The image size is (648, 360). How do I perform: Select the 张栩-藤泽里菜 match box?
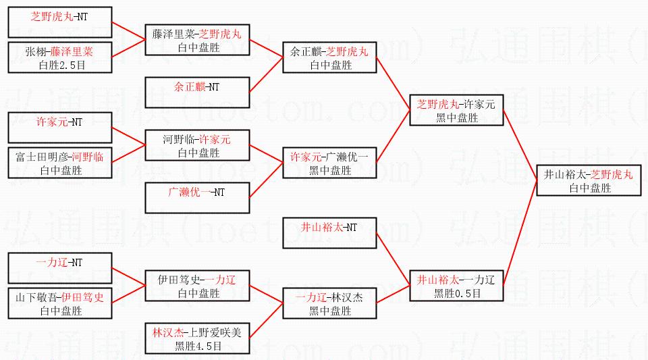[59, 57]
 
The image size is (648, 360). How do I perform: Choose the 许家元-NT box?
[59, 128]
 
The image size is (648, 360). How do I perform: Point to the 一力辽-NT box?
[59, 268]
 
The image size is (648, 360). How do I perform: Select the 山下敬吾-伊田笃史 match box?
[59, 304]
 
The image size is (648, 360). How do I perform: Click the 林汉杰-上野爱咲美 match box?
[196, 338]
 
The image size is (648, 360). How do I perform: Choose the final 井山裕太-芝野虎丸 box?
[589, 180]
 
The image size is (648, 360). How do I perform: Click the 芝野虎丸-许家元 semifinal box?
[456, 110]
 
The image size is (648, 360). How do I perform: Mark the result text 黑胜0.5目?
[456, 293]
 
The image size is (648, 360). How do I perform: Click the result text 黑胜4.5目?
[196, 346]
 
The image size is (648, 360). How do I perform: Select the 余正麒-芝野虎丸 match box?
[329, 57]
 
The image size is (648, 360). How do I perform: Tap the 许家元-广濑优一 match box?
[329, 163]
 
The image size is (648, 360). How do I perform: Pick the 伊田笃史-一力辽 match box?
[196, 286]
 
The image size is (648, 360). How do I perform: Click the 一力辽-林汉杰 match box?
[329, 303]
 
